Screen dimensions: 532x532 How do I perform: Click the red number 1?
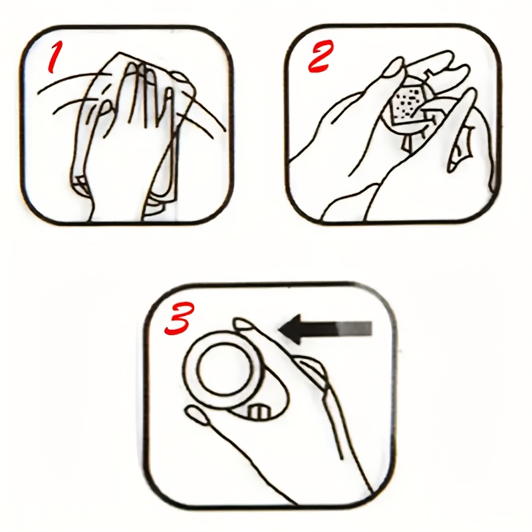(55, 55)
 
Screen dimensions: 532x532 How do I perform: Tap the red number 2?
(320, 57)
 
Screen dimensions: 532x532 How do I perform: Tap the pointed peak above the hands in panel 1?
(119, 53)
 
